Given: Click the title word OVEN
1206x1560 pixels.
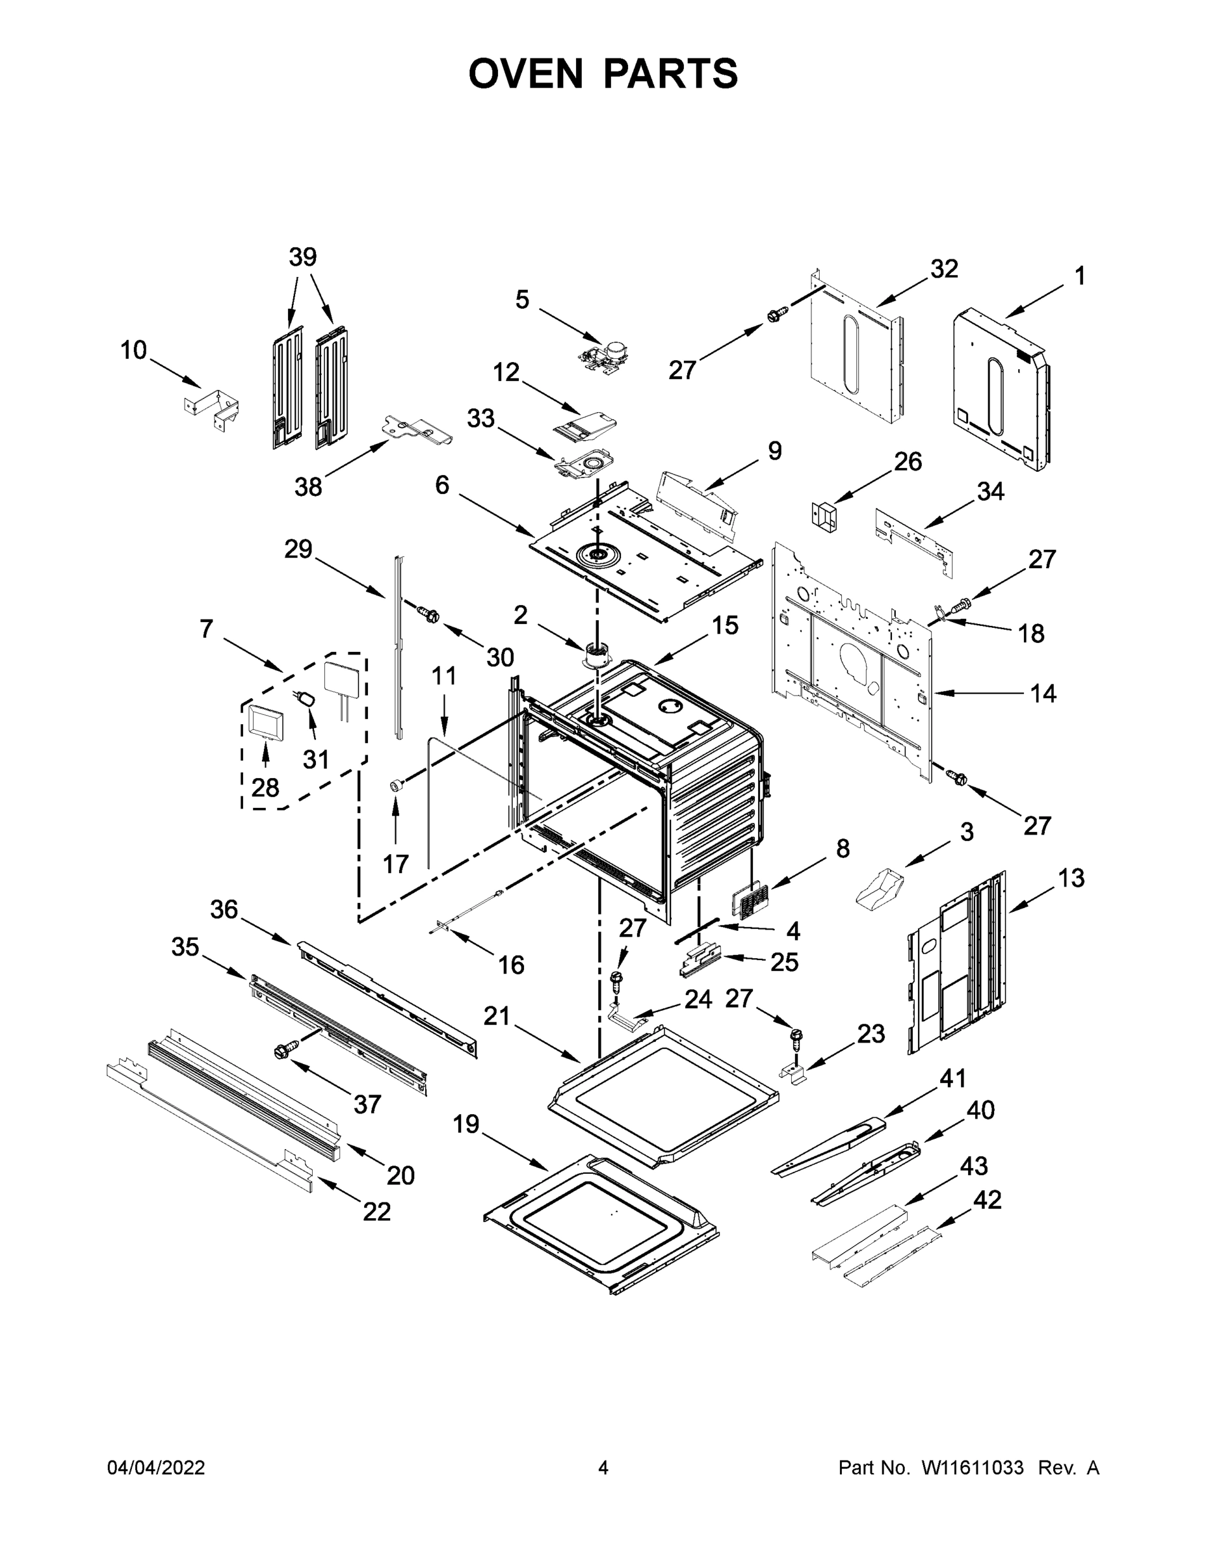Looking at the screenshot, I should coord(526,73).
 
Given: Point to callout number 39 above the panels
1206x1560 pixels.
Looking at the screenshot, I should coord(303,257).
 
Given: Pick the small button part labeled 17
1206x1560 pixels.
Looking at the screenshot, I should coord(395,786).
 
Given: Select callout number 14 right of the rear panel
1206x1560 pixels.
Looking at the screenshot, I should coord(1043,693).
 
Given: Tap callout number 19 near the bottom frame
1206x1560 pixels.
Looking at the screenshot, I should coord(466,1124).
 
